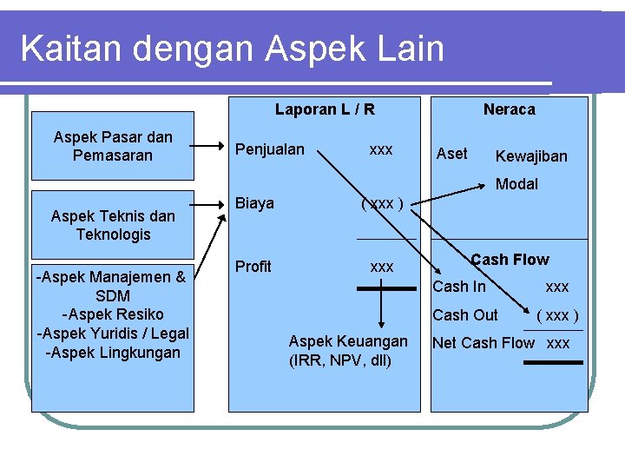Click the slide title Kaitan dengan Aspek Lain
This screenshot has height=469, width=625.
click(x=232, y=49)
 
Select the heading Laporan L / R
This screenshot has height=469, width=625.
click(x=325, y=109)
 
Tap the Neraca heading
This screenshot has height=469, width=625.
click(x=509, y=109)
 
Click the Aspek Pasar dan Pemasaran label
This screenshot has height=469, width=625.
click(x=113, y=146)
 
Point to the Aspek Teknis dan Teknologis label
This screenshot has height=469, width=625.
click(x=113, y=225)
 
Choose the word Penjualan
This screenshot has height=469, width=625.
click(x=270, y=149)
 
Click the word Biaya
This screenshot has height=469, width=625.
click(x=255, y=203)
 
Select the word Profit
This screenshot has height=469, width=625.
click(x=253, y=267)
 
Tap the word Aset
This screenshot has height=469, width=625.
click(x=451, y=154)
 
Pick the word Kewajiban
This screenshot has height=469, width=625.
click(x=530, y=156)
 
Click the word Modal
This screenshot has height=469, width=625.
click(x=516, y=184)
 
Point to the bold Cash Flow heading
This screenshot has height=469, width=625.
click(x=510, y=260)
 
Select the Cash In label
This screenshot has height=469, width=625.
click(x=459, y=287)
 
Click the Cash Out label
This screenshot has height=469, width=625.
click(x=465, y=315)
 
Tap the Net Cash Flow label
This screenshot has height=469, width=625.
click(x=483, y=343)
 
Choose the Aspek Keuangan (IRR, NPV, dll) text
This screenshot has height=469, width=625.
click(x=347, y=351)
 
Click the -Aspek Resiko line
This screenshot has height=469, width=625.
click(x=113, y=314)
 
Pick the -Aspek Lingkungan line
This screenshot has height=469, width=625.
click(x=113, y=353)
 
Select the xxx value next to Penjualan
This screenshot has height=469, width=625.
click(x=381, y=149)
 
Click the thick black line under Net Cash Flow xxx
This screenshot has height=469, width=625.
click(x=553, y=362)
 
